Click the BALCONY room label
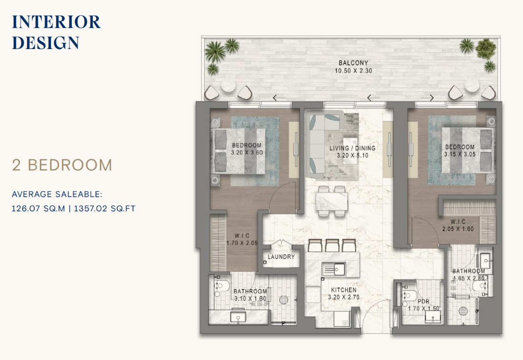pos(353,63)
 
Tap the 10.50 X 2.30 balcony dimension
pos(353,70)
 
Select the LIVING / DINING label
pos(352,148)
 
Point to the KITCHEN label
pos(343,290)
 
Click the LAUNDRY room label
pos(281,257)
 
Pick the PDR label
pos(423,301)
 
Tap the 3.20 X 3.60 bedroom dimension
pos(247,153)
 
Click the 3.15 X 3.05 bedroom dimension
pos(460,154)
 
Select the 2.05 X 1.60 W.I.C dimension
pos(458,229)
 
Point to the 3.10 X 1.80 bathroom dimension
pos(250,299)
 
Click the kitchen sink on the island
pos(333,269)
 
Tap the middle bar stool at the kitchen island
pos(332,245)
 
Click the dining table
pos(332,201)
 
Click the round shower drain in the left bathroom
pos(283,300)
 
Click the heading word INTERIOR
pos(56,22)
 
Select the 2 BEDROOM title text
pos(62,165)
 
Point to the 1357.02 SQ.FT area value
pos(105,209)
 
